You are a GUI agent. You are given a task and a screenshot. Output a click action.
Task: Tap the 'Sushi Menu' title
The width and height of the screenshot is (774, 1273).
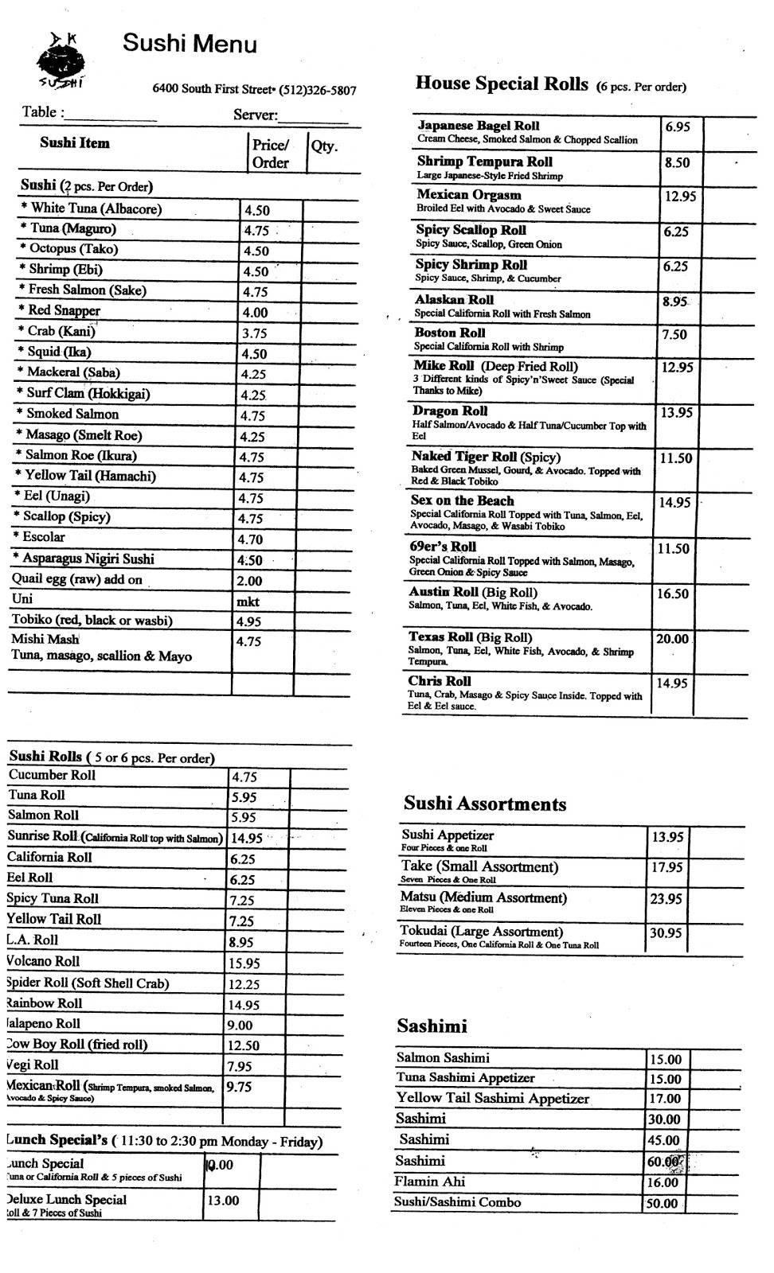[x=190, y=43]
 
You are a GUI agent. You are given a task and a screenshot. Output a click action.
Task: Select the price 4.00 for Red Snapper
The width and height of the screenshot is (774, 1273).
[x=256, y=313]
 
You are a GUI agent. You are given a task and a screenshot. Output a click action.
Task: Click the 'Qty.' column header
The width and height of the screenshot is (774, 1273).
[x=324, y=146]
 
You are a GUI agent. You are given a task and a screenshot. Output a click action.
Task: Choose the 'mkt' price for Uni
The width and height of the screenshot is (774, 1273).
[x=248, y=601]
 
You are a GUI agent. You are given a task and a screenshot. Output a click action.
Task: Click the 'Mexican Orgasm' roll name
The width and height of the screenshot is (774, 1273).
[x=468, y=195]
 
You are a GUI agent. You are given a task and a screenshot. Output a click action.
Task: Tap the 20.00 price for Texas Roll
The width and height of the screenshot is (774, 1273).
[x=672, y=639]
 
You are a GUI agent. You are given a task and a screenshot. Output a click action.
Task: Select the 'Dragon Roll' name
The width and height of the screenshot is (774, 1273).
[x=450, y=411]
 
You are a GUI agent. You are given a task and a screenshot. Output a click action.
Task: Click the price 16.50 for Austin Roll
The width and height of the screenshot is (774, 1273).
[x=672, y=594]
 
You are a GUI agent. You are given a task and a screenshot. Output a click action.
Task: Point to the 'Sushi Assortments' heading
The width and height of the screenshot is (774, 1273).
[x=484, y=804]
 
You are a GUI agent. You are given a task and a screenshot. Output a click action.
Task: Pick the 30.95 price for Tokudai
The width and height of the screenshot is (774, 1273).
[x=666, y=932]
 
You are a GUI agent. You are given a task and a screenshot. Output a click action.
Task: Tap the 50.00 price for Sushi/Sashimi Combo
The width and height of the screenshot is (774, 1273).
[x=662, y=1203]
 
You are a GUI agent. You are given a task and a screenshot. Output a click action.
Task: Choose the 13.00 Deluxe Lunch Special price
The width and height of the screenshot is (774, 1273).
[x=223, y=1201]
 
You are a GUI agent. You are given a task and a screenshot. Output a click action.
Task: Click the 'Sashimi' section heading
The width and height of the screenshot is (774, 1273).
[x=432, y=1026]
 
